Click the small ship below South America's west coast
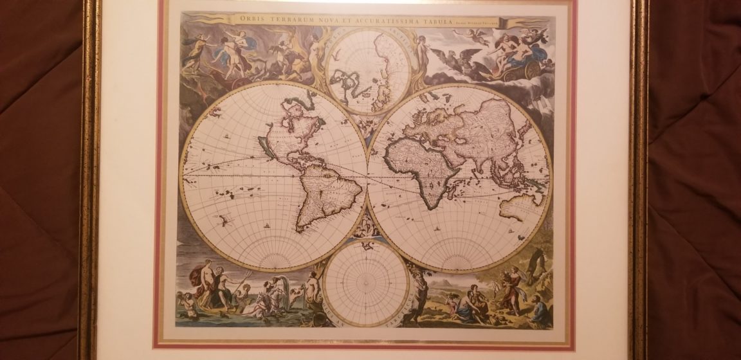266,226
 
